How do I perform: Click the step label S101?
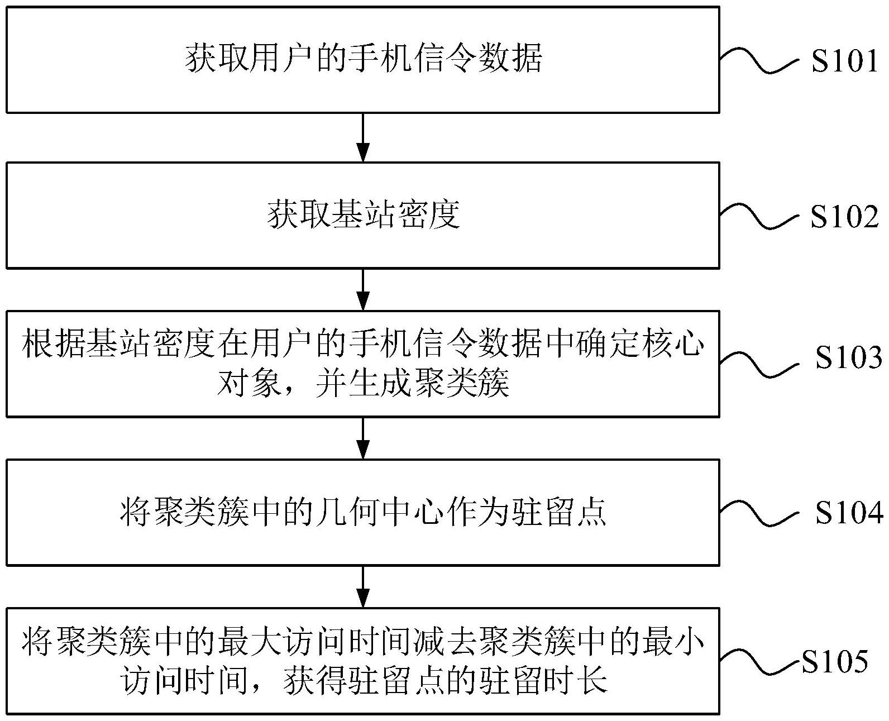pos(845,60)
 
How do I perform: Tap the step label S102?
pos(845,216)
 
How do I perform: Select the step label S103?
pos(848,357)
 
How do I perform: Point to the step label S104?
pos(848,512)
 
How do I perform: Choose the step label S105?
pos(835,662)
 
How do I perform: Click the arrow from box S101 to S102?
pos(363,137)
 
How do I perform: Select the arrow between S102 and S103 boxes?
pos(363,289)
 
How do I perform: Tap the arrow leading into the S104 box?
pos(363,438)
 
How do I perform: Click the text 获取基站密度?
pos(363,215)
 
